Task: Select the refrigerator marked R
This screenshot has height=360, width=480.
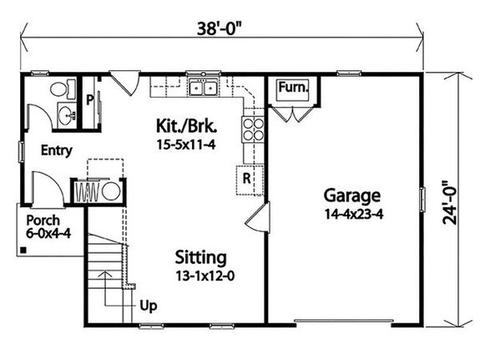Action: pyautogui.click(x=249, y=179)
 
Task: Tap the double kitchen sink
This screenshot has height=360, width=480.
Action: pyautogui.click(x=203, y=87)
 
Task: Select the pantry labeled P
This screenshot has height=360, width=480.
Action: pyautogui.click(x=89, y=98)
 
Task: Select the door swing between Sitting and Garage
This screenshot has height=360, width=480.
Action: pyautogui.click(x=256, y=220)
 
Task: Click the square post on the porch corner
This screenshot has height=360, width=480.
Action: pyautogui.click(x=24, y=249)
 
